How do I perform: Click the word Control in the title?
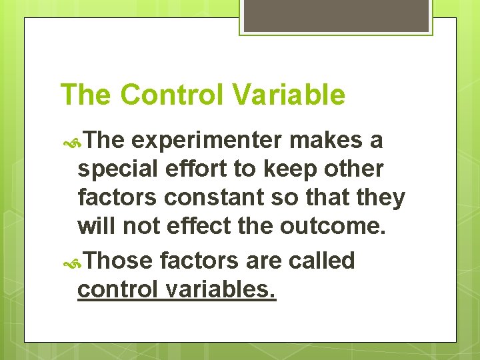pos(172,95)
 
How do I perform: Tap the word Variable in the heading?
pos(289,95)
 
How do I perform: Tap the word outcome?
pos(333,227)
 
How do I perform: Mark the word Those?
pos(118,261)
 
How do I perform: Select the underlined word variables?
pos(225,290)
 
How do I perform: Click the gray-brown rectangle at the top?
pos(336,15)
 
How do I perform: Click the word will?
pos(98,227)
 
